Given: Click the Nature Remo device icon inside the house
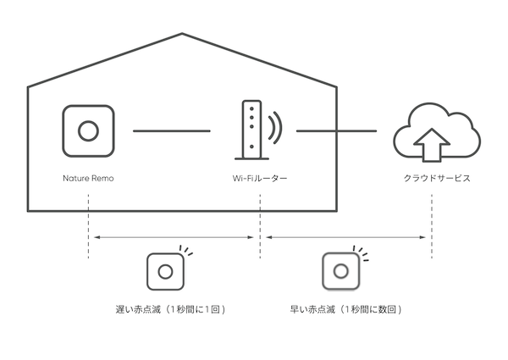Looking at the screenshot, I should coord(87,131).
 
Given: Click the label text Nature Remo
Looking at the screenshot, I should coord(88,179).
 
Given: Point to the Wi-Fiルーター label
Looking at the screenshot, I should coord(260,179).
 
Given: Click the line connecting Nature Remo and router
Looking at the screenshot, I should coord(171,130).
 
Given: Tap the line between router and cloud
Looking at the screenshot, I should coord(335,130).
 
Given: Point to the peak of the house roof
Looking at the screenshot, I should coord(182,35).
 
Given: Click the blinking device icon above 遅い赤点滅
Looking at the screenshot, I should coord(167,272).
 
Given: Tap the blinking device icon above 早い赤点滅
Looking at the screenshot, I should coord(341,272).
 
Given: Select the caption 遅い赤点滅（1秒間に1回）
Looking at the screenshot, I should coord(174,309).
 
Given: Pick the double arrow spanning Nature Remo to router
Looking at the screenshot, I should coord(174,237).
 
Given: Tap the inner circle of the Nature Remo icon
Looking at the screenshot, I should coord(87,131).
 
